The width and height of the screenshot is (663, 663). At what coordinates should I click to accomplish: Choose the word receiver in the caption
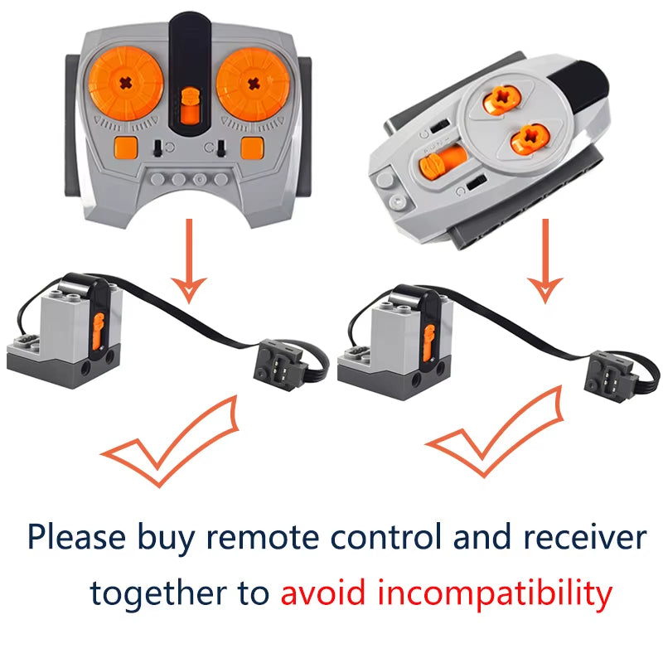[583, 538]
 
